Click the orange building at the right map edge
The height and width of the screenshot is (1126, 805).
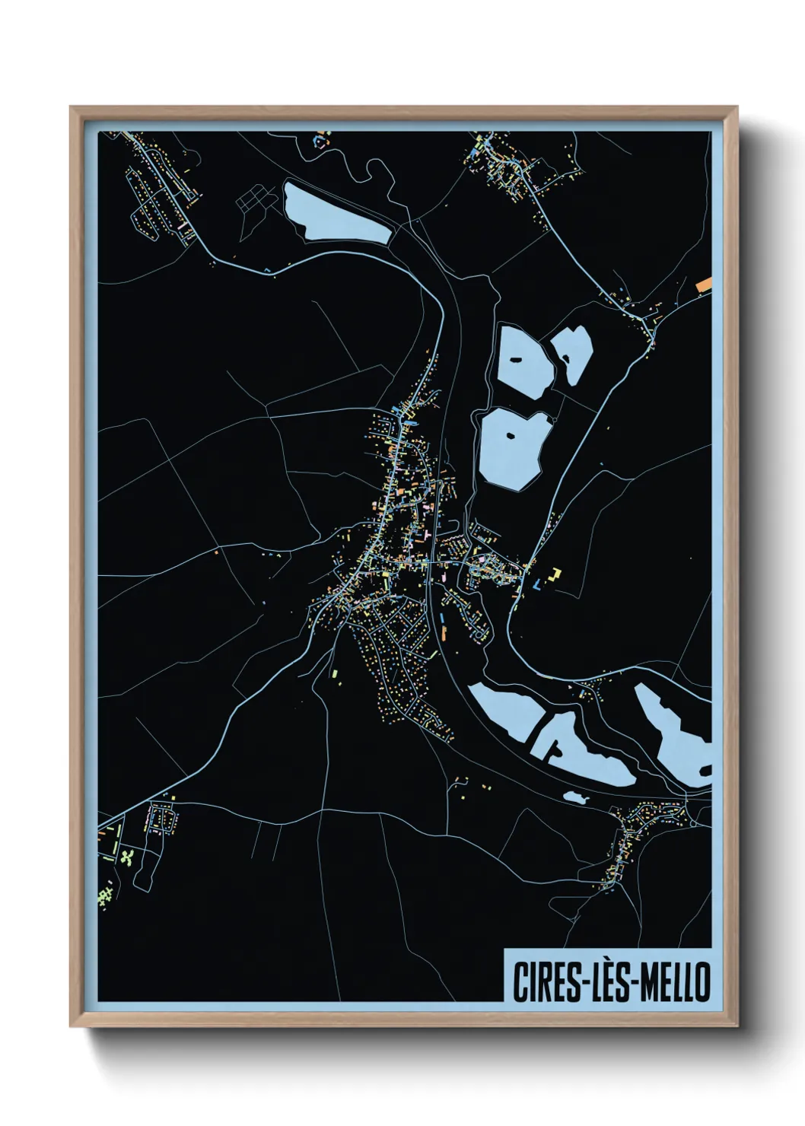coord(704,284)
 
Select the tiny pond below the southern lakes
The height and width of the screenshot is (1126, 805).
coord(576,797)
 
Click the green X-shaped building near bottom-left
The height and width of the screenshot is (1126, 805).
coord(128,857)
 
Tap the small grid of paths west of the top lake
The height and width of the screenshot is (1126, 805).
coord(254,199)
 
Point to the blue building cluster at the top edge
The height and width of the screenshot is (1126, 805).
coord(320,139)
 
